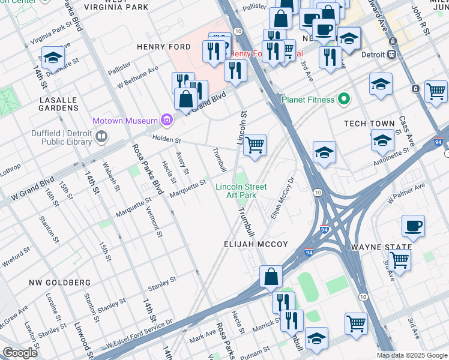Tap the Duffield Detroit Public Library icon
click(x=101, y=137)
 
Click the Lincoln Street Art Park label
click(x=241, y=191)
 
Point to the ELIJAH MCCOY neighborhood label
click(x=256, y=245)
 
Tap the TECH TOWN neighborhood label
click(x=369, y=124)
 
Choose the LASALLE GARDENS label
click(x=59, y=104)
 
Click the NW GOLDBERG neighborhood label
click(x=59, y=282)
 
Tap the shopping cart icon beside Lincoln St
click(x=255, y=145)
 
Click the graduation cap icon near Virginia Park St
click(x=53, y=58)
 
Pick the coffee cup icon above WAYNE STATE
click(x=413, y=226)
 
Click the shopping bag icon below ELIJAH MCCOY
click(x=271, y=276)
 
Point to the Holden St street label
click(x=166, y=140)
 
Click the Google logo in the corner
click(x=20, y=353)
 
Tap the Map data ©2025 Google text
click(x=411, y=355)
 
